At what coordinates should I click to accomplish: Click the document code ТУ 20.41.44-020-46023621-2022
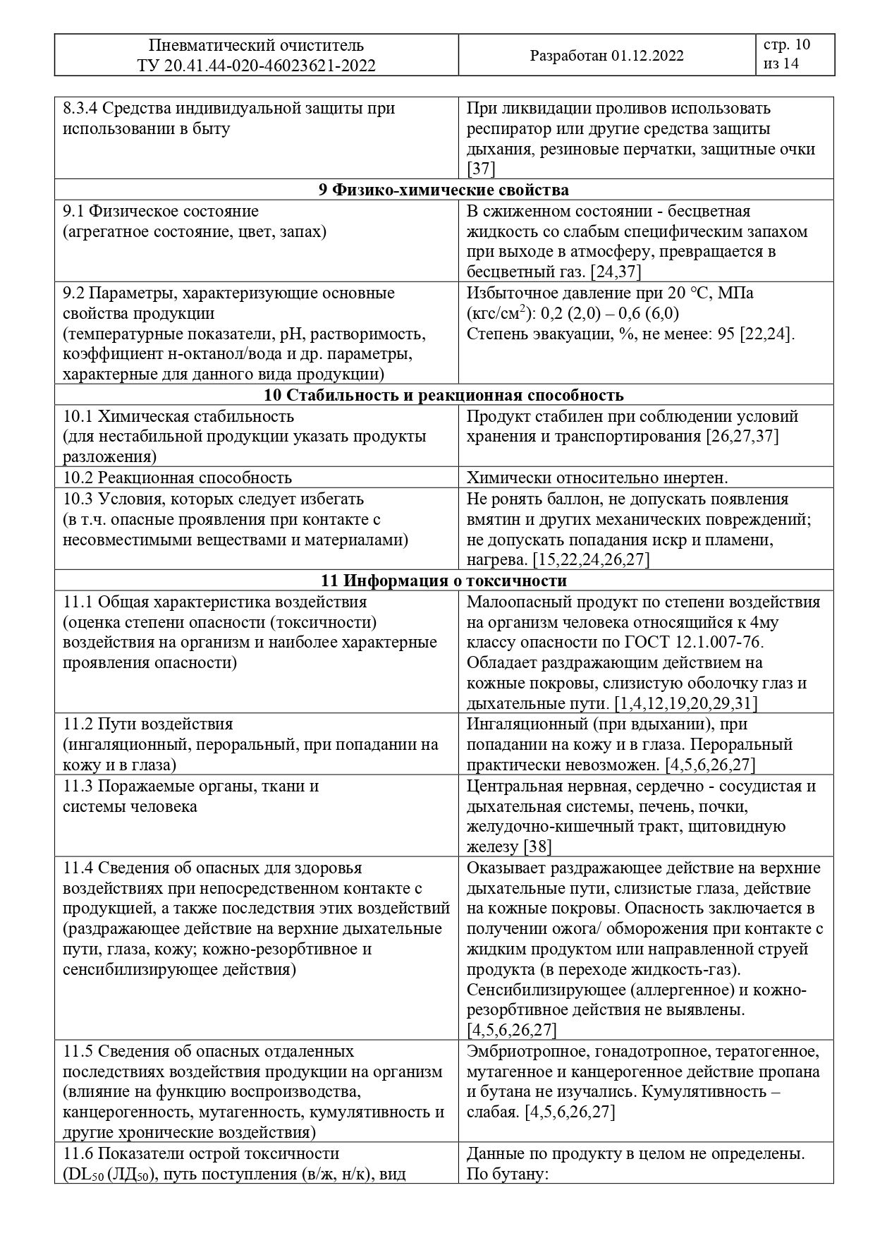(x=256, y=66)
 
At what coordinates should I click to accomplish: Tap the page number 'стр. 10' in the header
(x=787, y=45)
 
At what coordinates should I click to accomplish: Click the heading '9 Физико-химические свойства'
(x=443, y=190)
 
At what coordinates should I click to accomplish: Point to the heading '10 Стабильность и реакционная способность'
(x=443, y=395)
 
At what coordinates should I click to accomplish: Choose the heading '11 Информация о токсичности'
(x=443, y=581)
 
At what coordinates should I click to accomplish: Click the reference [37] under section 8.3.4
(x=481, y=169)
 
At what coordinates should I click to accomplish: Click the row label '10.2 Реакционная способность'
(x=177, y=478)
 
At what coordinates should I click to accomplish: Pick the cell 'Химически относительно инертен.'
(x=597, y=478)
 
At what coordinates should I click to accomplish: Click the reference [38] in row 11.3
(x=537, y=846)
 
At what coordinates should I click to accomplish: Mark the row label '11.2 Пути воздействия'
(x=148, y=724)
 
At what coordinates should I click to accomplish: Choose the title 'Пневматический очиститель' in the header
(x=256, y=46)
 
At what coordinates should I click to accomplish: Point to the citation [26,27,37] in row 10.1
(x=742, y=436)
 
